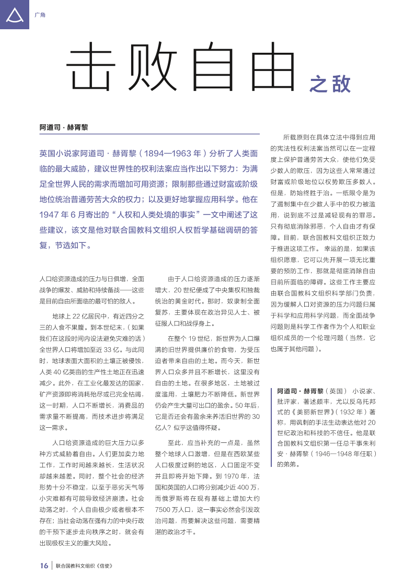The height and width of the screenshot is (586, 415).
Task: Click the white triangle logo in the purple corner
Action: (14, 16)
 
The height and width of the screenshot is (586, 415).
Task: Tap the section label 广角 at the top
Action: (40, 15)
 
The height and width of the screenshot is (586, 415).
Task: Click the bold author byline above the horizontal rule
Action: (64, 127)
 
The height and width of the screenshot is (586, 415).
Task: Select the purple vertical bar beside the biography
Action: (271, 427)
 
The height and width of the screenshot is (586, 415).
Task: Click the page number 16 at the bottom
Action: (44, 566)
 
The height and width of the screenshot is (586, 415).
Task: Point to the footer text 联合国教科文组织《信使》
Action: (84, 566)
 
